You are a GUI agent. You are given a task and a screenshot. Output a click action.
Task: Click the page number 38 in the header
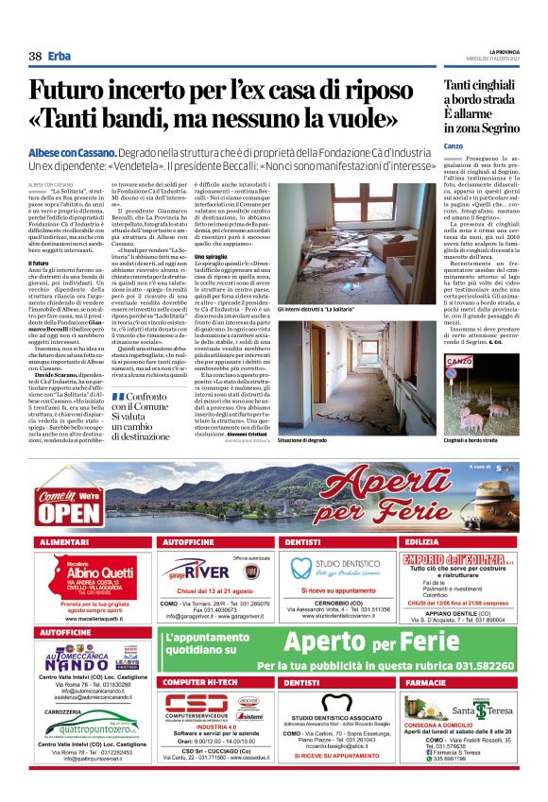click(x=35, y=56)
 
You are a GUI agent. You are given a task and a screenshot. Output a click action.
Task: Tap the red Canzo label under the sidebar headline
click(x=453, y=146)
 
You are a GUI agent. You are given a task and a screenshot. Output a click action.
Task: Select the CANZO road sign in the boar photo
click(x=458, y=362)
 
